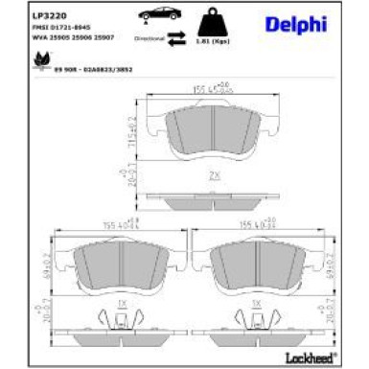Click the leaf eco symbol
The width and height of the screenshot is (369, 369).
41,60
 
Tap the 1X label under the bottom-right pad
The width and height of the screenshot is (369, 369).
256,304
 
